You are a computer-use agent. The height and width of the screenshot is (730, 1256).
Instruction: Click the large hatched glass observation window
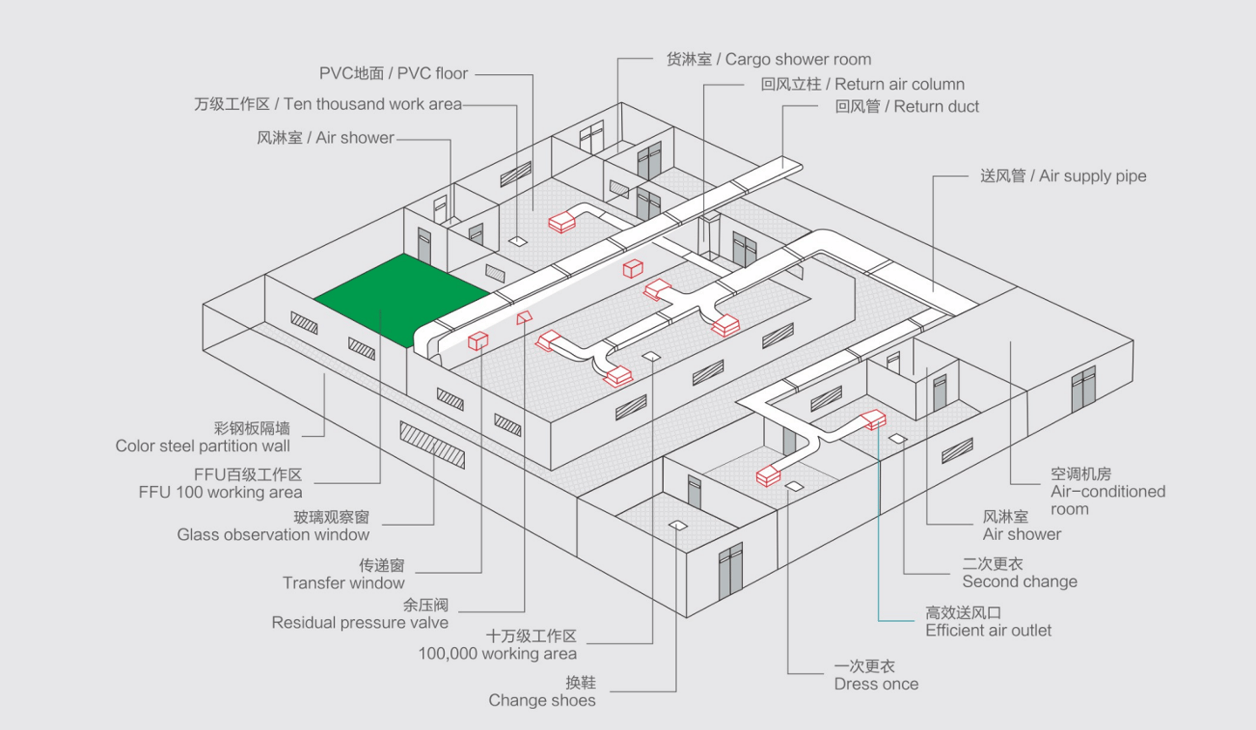click(433, 445)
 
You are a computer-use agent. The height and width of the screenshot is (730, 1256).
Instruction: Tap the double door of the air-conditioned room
click(1082, 390)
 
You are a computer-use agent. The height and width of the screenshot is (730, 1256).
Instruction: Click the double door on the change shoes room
click(731, 571)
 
